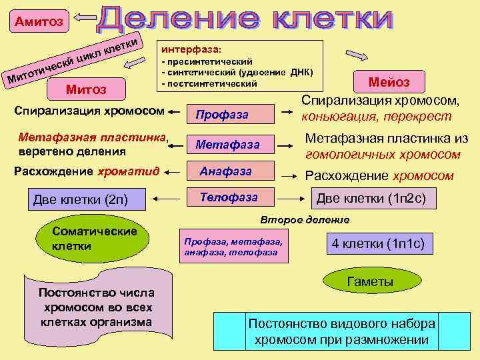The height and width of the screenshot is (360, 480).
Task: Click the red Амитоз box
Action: point(36,22)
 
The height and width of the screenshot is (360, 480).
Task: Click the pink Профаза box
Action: point(231,115)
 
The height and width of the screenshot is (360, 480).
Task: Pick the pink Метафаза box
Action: point(231,143)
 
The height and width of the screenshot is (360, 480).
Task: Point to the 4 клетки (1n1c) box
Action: point(379,244)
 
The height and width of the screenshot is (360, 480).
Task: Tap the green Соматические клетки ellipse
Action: point(93,239)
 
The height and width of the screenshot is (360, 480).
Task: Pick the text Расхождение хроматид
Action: point(86,171)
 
